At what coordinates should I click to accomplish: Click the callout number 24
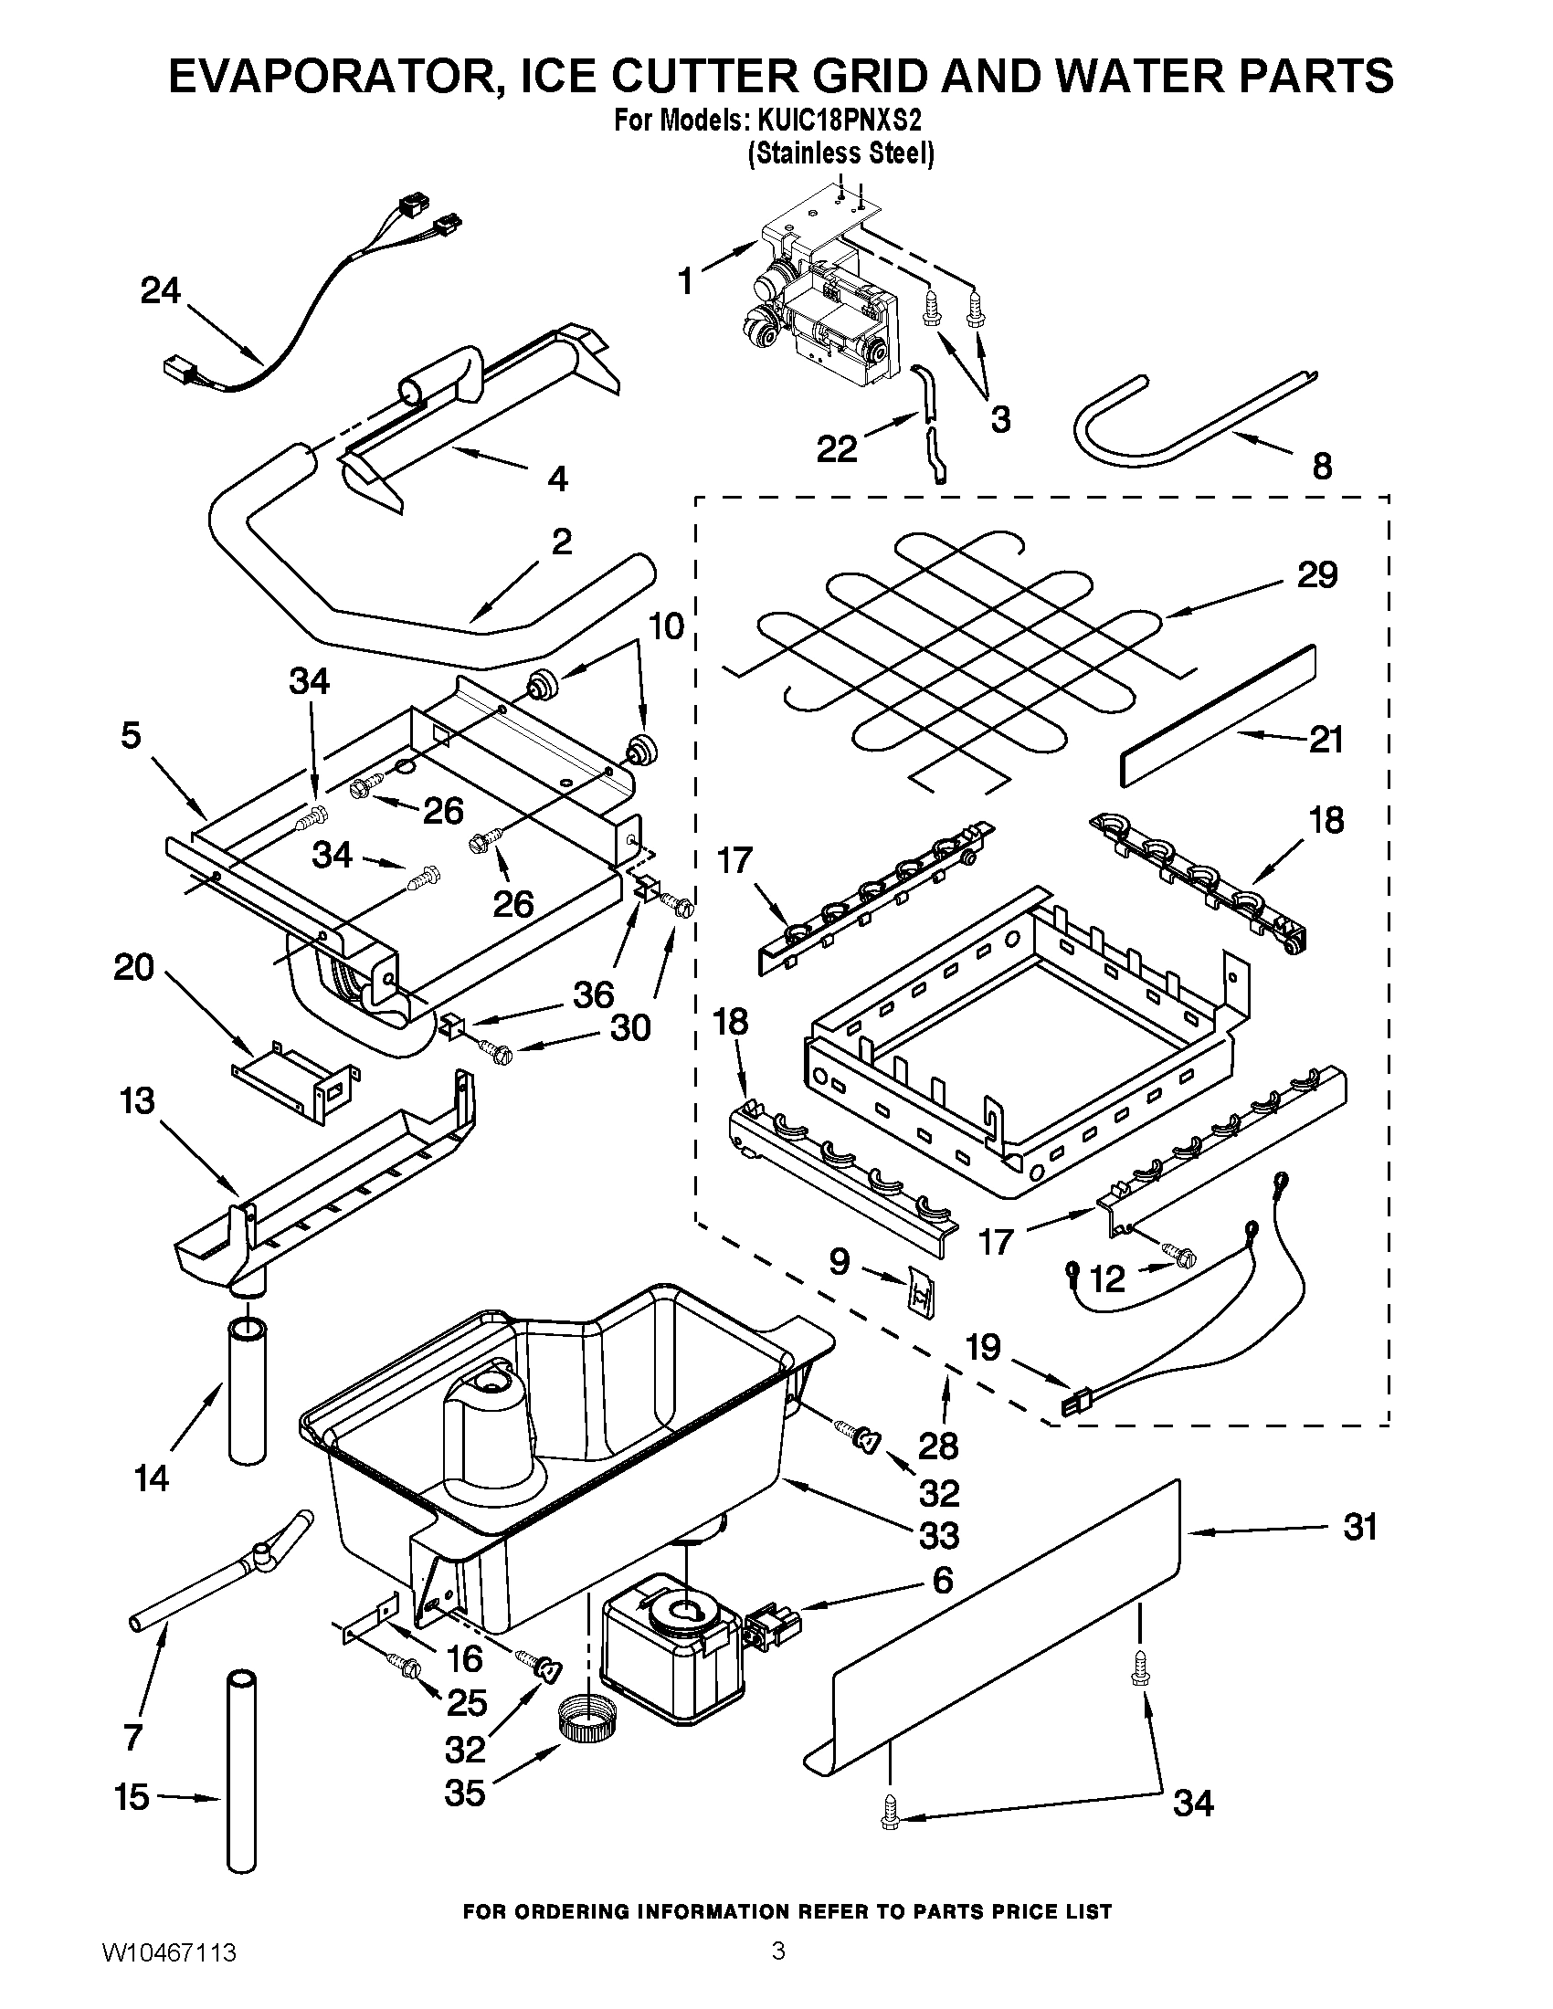(x=160, y=291)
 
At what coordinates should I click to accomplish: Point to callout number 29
(x=1316, y=576)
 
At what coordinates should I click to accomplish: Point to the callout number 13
(x=137, y=1100)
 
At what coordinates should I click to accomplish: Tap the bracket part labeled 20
(x=292, y=1088)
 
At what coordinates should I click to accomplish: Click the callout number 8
(x=1321, y=467)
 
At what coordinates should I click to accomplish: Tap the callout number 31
(x=1360, y=1528)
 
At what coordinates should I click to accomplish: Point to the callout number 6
(x=942, y=1581)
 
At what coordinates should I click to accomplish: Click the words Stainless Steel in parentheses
(x=840, y=153)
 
